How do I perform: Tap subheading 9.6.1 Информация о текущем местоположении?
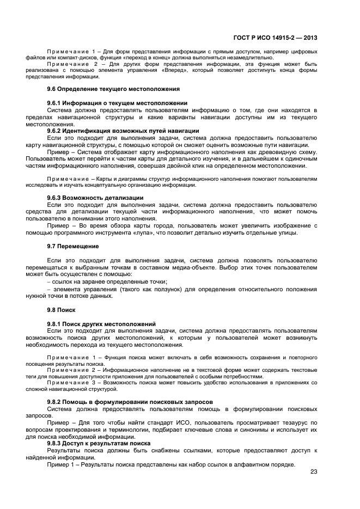(117, 102)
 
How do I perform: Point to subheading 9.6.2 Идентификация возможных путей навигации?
(123, 131)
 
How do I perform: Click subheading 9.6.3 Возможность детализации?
(95, 197)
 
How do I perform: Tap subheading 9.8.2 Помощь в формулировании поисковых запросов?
(130, 402)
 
